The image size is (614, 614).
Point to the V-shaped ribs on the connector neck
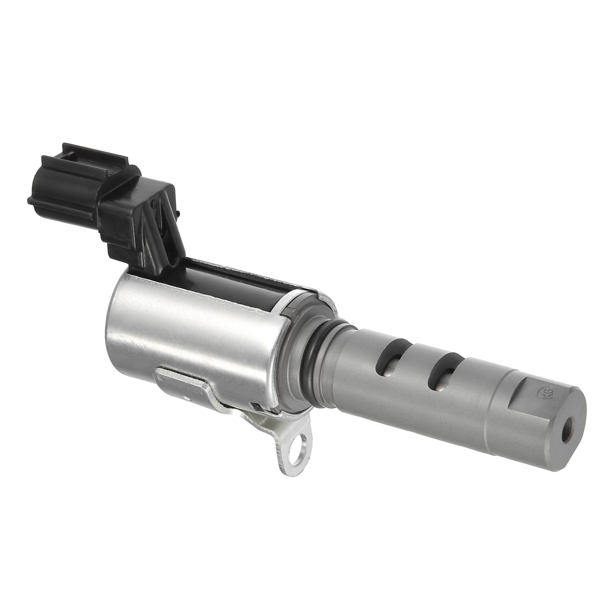coord(159,229)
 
